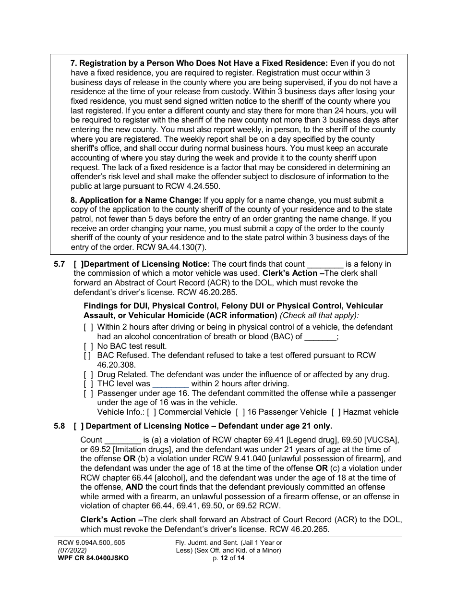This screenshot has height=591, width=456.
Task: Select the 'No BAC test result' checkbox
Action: click(x=88, y=346)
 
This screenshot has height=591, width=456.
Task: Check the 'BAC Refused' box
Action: click(x=87, y=356)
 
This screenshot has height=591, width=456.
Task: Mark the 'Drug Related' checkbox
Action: click(x=88, y=374)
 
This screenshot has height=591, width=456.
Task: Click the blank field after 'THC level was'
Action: click(x=170, y=384)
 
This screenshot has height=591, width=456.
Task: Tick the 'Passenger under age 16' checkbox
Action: click(x=88, y=393)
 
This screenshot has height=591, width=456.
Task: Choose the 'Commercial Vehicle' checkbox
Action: click(x=151, y=412)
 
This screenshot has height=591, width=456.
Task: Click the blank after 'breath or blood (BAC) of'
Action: click(x=321, y=337)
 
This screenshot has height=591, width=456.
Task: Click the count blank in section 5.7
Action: click(x=325, y=264)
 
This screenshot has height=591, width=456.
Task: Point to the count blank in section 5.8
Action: click(x=122, y=440)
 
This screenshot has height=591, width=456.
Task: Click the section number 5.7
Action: click(x=60, y=264)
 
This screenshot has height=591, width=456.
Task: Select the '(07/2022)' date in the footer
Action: click(x=71, y=550)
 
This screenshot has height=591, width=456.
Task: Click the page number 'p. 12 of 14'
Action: click(x=228, y=558)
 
